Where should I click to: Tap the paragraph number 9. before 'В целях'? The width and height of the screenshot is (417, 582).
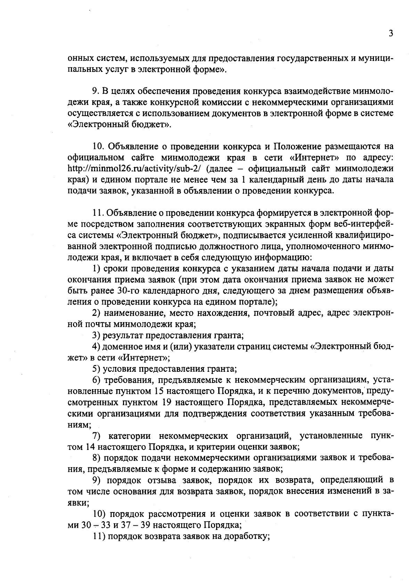(x=96, y=91)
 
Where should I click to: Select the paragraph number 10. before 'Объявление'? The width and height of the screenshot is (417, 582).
(x=99, y=147)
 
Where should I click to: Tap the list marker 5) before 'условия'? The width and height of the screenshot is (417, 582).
(x=96, y=369)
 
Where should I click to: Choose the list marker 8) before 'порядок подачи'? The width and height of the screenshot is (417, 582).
(x=96, y=458)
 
